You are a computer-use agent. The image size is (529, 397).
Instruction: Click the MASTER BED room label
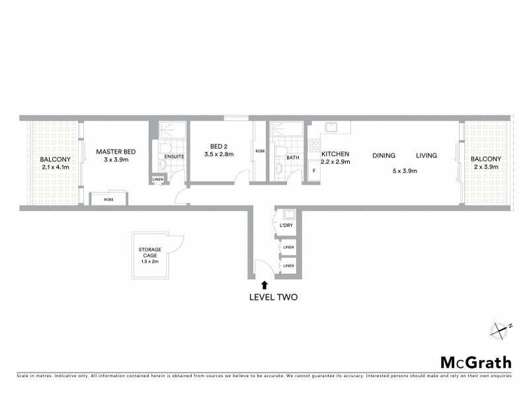click(116, 152)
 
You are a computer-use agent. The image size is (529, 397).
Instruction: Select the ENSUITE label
click(175, 156)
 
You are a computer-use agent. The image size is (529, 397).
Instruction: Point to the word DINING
click(384, 156)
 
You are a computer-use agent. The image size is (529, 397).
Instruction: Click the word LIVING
click(427, 156)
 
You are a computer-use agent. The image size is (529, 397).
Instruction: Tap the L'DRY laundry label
click(286, 226)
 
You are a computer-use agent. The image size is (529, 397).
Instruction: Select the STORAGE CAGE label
click(150, 252)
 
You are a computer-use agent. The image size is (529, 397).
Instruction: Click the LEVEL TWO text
click(273, 297)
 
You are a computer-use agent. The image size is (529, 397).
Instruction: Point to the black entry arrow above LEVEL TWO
click(264, 285)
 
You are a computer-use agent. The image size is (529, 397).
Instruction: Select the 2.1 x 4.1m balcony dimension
click(55, 167)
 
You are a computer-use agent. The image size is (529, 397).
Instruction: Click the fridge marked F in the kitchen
click(313, 171)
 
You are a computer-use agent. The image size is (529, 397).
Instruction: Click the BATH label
click(293, 158)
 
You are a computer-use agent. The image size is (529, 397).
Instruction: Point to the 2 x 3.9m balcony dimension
click(486, 167)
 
